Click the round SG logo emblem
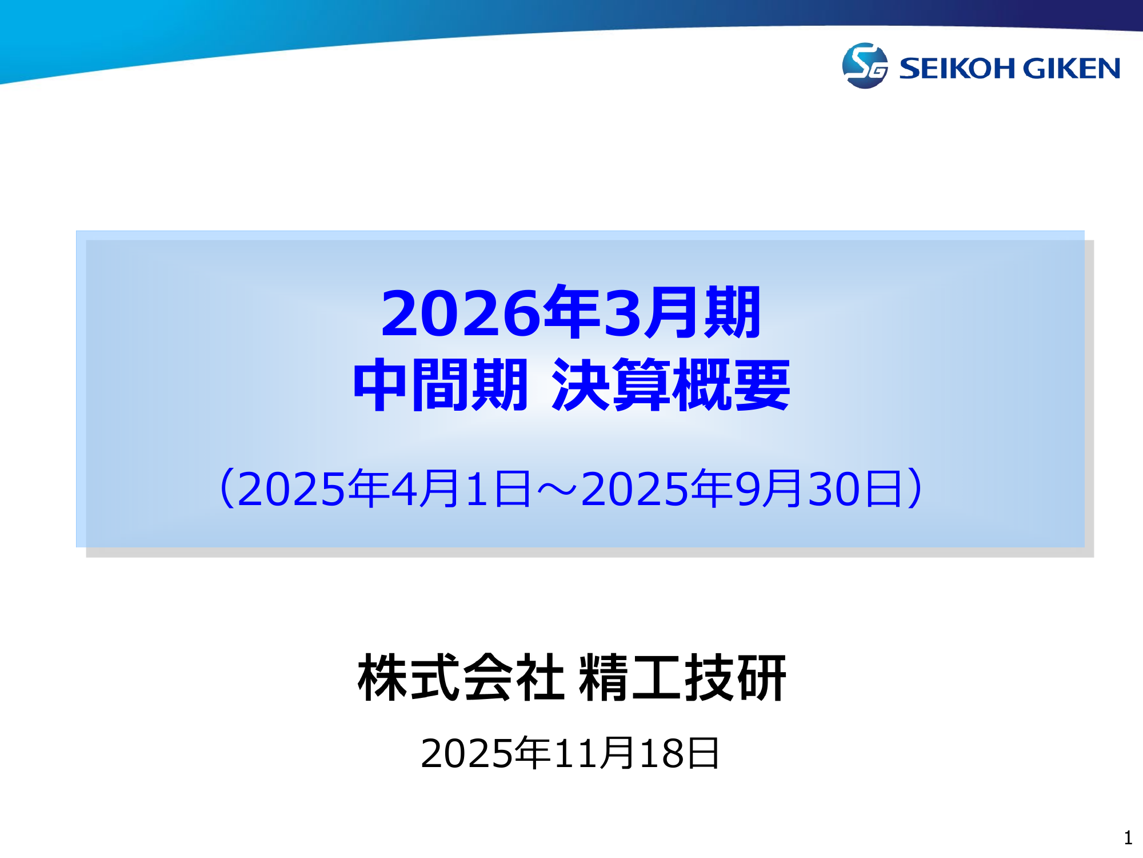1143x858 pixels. (x=865, y=66)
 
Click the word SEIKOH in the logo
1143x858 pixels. (x=958, y=69)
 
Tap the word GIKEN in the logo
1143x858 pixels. (x=1072, y=69)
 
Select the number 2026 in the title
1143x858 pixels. (x=461, y=313)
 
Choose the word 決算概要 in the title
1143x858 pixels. (x=671, y=385)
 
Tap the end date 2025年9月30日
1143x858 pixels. (x=741, y=489)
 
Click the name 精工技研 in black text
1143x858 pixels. (x=682, y=678)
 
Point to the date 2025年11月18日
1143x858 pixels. (x=570, y=753)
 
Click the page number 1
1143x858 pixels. (x=1128, y=838)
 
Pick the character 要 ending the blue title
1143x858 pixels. (x=761, y=385)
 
